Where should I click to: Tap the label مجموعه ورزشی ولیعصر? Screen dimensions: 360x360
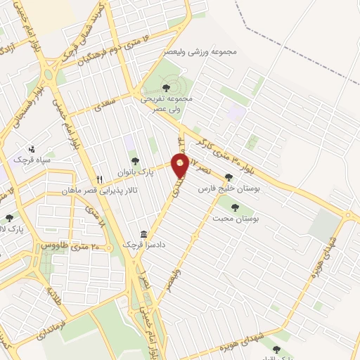pyautogui.click(x=209, y=53)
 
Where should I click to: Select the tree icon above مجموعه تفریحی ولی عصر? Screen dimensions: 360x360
pyautogui.click(x=166, y=87)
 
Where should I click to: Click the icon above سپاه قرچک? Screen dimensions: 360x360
pyautogui.click(x=32, y=149)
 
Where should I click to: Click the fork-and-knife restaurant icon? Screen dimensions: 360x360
pyautogui.click(x=99, y=179)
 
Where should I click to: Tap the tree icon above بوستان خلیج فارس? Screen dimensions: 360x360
pyautogui.click(x=228, y=178)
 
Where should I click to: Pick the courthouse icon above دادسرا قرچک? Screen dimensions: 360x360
pyautogui.click(x=144, y=234)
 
